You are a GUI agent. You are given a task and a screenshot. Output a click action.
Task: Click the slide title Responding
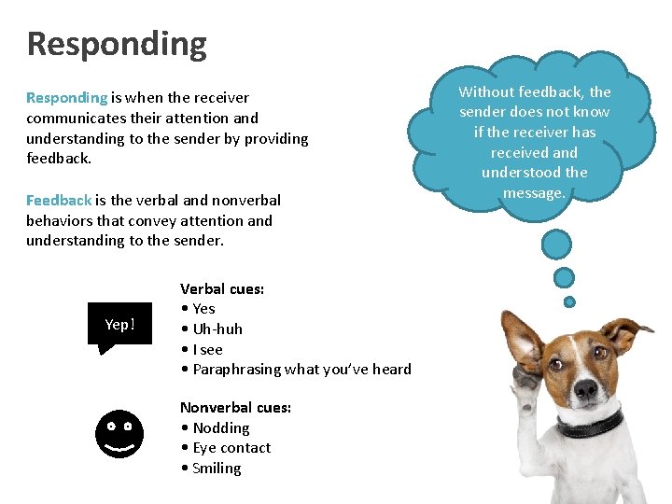pyautogui.click(x=117, y=44)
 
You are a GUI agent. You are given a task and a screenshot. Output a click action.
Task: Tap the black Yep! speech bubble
pyautogui.click(x=119, y=325)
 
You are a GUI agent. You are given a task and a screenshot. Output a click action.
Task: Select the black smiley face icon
pyautogui.click(x=119, y=434)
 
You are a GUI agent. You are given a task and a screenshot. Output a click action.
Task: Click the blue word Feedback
pyautogui.click(x=59, y=200)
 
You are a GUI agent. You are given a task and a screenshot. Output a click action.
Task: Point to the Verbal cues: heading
pyautogui.click(x=222, y=288)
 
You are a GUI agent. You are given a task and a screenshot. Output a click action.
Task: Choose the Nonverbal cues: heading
pyautogui.click(x=235, y=407)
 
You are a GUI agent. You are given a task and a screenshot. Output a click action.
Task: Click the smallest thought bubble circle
pyautogui.click(x=569, y=301)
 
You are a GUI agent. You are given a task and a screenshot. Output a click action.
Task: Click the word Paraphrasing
pyautogui.click(x=235, y=370)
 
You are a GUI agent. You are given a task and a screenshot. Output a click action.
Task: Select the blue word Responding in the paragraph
pyautogui.click(x=67, y=97)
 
